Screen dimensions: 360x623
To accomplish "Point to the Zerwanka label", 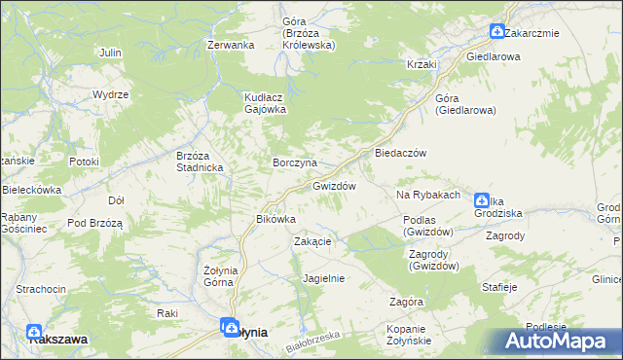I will (x=231, y=45).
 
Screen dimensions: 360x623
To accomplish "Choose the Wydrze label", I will (x=110, y=94).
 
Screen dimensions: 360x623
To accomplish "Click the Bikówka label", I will (x=275, y=219).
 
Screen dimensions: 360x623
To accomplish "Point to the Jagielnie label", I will (x=324, y=278).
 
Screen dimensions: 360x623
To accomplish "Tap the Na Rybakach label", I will (x=427, y=195).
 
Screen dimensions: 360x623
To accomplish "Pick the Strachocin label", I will (x=41, y=290).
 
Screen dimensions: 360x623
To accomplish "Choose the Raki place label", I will (x=166, y=313).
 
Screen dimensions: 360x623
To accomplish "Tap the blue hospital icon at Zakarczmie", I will (x=497, y=32).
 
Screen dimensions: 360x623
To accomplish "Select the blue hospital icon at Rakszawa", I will (x=35, y=332).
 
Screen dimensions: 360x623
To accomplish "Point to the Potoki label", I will (x=85, y=162).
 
